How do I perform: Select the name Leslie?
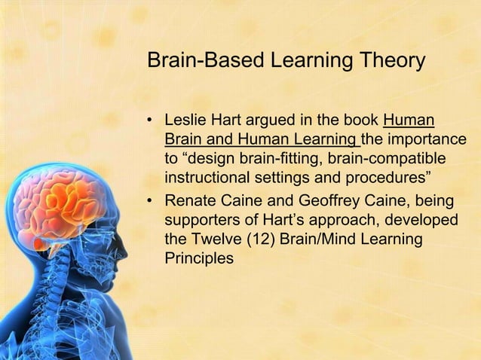click(x=185, y=121)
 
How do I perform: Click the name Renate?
click(x=190, y=202)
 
